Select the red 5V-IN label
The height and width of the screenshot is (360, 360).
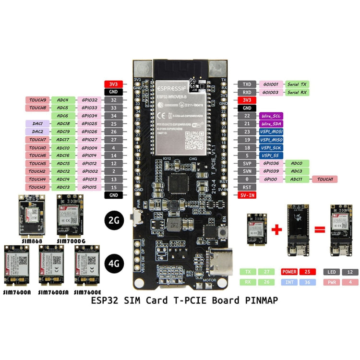point(247,195)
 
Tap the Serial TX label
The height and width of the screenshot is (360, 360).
point(297,84)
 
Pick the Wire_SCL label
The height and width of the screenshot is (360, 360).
point(270,116)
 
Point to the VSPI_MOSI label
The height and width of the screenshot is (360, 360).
point(270,132)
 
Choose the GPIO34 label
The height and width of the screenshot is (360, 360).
point(89,116)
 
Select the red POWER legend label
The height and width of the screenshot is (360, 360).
point(289,272)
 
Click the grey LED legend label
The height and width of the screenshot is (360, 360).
point(331,272)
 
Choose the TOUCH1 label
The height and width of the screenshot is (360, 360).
point(324,179)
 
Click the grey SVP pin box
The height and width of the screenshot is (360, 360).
point(247,163)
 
